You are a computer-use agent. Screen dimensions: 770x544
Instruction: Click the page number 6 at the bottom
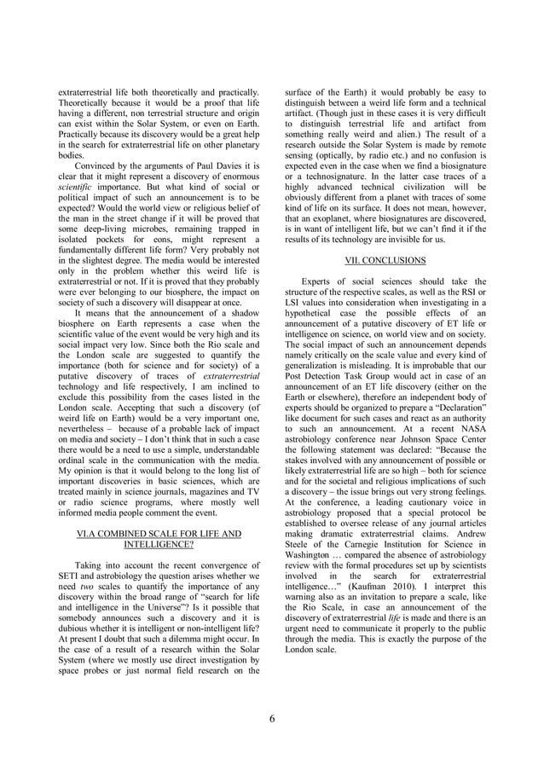(x=272, y=718)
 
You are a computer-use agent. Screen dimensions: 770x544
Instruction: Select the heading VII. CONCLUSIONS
(x=385, y=259)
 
